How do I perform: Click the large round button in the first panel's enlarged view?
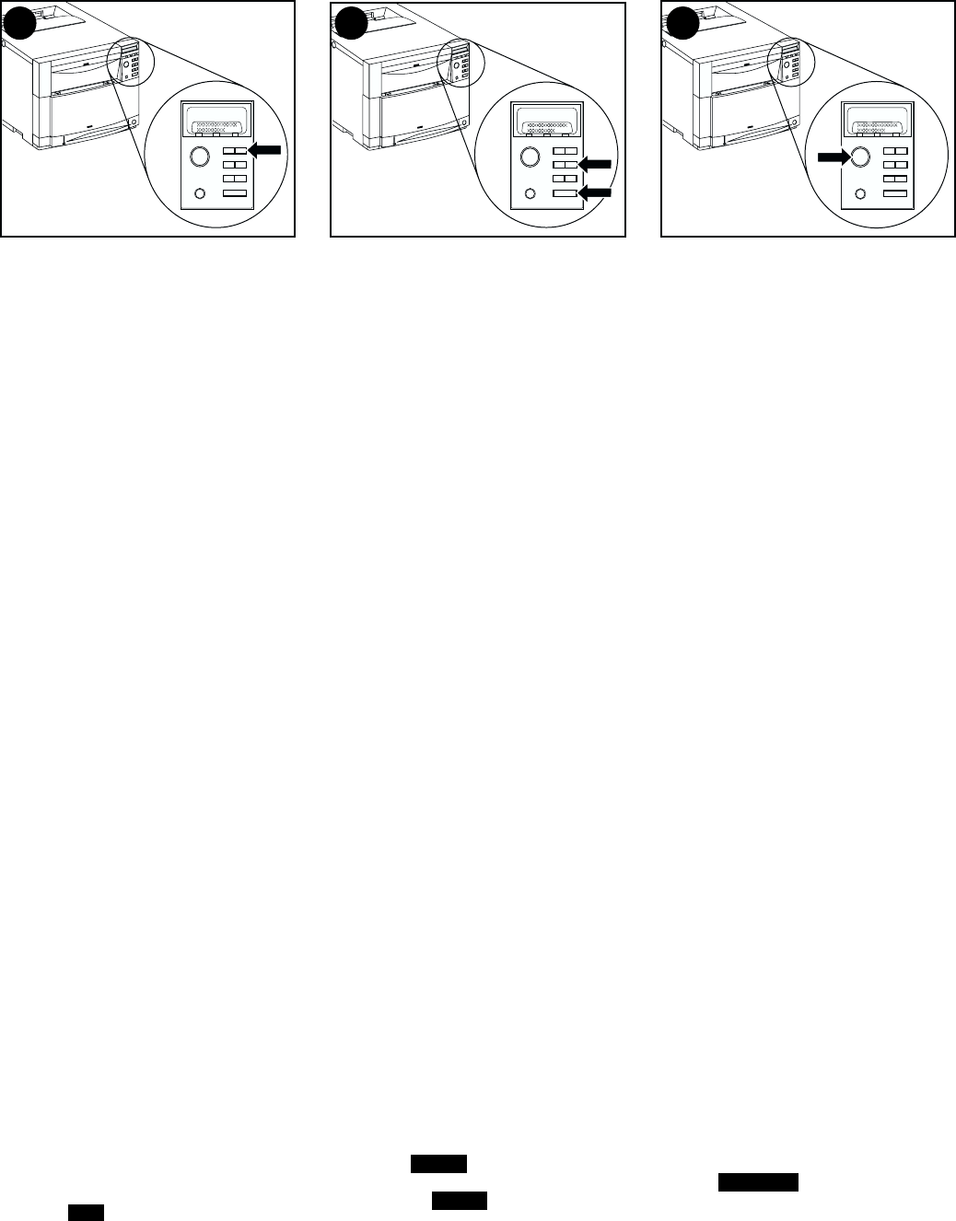pos(199,157)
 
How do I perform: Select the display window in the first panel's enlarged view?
pos(217,120)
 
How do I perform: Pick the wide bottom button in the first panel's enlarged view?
pos(235,194)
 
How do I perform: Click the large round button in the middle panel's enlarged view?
pos(530,157)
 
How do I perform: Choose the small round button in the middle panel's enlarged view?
pos(530,194)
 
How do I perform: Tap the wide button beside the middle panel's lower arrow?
pos(564,194)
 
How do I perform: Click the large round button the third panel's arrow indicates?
pos(860,157)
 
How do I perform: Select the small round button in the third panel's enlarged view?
pos(860,194)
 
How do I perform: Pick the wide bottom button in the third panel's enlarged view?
pos(895,194)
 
